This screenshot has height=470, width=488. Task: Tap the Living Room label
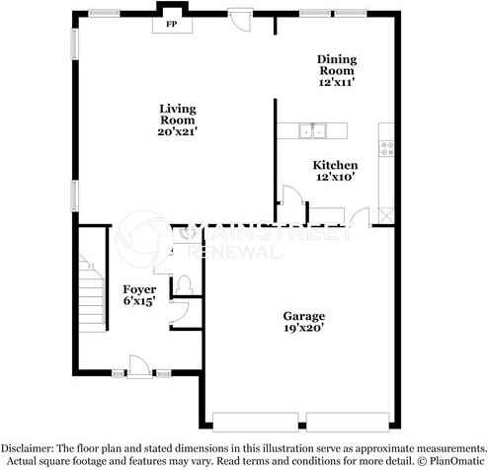tap(178, 114)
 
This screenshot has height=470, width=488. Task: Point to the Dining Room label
tap(336, 65)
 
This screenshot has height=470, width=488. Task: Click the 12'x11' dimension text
tap(336, 84)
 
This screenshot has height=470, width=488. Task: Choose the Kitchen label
tap(336, 164)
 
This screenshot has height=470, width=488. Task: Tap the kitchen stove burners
tap(386, 148)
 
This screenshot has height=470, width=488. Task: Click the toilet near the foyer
tap(184, 283)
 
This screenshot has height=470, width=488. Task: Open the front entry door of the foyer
tap(141, 367)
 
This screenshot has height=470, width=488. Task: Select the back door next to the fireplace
tap(239, 18)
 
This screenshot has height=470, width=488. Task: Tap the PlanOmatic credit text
tap(450, 459)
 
